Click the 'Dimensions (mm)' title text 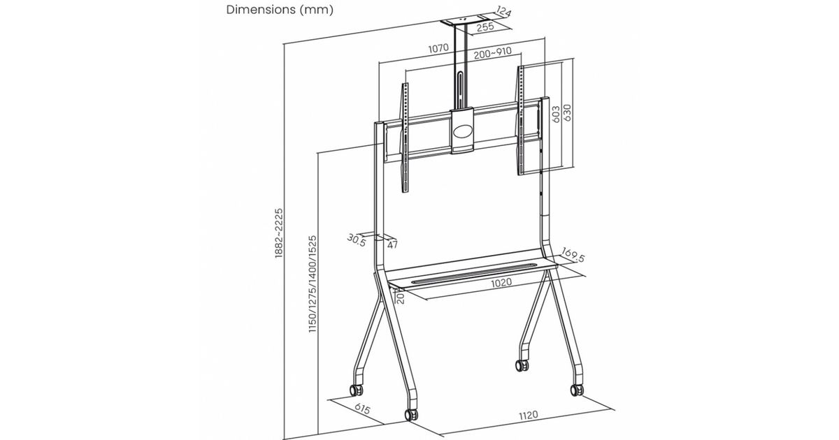(x=280, y=10)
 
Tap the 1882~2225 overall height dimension (x=279, y=233)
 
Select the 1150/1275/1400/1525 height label (x=313, y=284)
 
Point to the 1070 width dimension (x=438, y=49)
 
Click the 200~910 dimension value (x=492, y=53)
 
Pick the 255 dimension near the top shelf (x=485, y=27)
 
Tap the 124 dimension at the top (x=504, y=11)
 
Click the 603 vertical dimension (x=556, y=114)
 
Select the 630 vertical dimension (x=567, y=112)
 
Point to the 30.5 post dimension (x=356, y=240)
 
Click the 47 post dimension (x=392, y=244)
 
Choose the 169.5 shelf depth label (x=573, y=254)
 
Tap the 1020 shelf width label (x=501, y=282)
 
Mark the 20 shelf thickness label (x=400, y=298)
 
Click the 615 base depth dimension (x=362, y=408)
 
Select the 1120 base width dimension (x=528, y=415)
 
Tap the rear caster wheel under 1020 (x=522, y=365)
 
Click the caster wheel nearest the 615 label (x=356, y=390)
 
